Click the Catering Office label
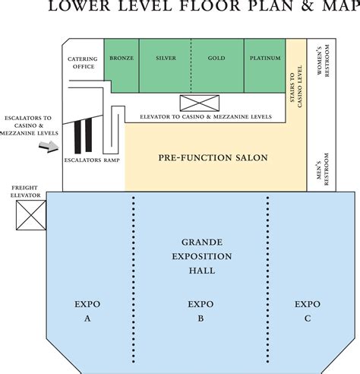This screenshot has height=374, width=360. (83, 62)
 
